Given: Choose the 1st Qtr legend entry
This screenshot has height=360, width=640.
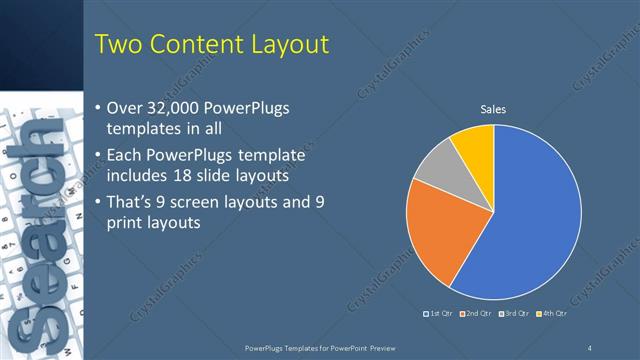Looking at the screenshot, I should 442,315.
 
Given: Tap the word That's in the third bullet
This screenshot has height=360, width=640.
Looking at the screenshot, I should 134,201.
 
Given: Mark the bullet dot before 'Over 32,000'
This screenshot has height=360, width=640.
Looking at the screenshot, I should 96,108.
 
